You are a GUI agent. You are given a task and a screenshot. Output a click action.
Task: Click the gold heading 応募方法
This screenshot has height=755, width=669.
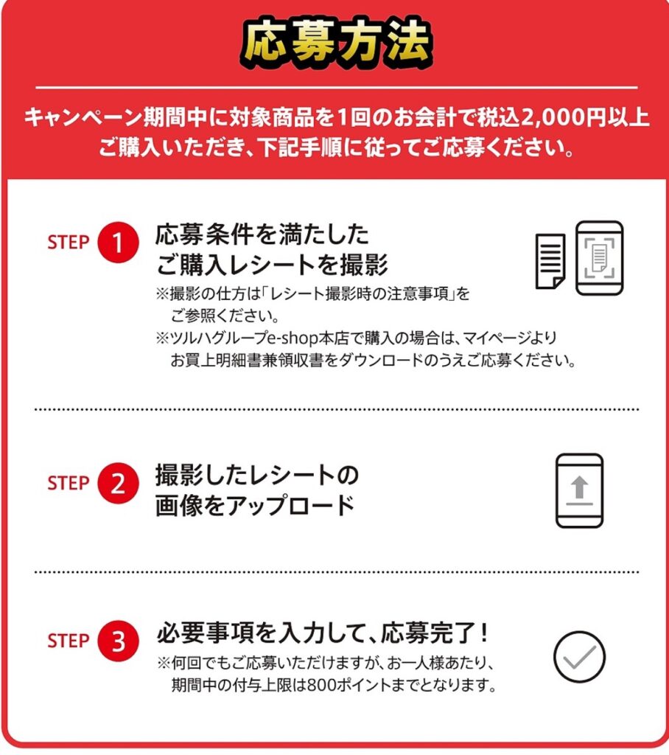click(x=337, y=42)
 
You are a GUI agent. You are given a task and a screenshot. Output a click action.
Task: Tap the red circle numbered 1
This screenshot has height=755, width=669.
click(x=118, y=242)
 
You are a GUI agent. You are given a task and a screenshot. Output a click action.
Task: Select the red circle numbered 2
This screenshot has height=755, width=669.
click(x=118, y=483)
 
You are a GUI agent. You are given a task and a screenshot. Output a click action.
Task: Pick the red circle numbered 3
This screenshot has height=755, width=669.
click(x=118, y=641)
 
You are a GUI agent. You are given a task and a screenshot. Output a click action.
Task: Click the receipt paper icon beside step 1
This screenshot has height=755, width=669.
click(x=550, y=261)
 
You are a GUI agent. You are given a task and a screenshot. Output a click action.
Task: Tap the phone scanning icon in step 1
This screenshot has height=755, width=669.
click(x=599, y=257)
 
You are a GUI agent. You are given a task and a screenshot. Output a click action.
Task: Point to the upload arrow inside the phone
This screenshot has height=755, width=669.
click(x=579, y=487)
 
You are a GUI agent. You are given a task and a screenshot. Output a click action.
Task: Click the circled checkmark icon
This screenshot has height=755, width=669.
click(x=579, y=657)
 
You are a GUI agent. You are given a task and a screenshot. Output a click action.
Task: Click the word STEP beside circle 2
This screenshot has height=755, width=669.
click(x=69, y=483)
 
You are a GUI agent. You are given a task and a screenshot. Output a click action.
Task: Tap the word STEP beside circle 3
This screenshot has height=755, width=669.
click(x=69, y=641)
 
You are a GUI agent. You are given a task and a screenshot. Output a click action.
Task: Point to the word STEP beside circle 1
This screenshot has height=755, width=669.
click(x=69, y=242)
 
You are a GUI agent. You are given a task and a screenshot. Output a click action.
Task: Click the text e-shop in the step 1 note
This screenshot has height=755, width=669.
click(x=293, y=338)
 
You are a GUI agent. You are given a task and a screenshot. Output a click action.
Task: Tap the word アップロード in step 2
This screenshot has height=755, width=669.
click(x=291, y=505)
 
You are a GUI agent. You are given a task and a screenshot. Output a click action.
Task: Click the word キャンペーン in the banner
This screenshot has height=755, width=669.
click(x=83, y=118)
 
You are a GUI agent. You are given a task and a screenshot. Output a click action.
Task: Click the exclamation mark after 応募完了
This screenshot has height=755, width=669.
click(x=484, y=632)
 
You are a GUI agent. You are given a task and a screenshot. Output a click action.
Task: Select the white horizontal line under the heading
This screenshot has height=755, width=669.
click(x=337, y=88)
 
